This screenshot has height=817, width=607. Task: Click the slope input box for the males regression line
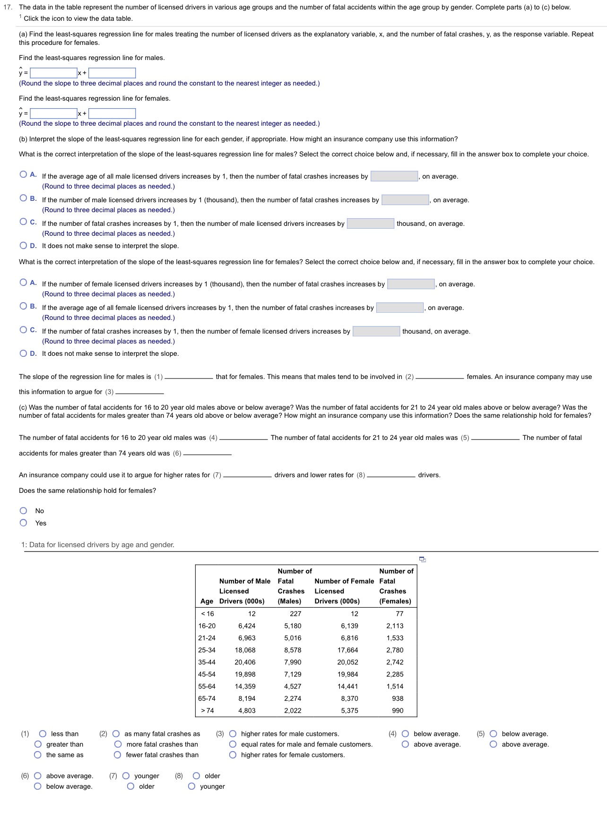(x=53, y=73)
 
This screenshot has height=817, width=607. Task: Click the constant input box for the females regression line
(x=112, y=113)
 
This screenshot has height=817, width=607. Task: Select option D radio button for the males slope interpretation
(x=24, y=246)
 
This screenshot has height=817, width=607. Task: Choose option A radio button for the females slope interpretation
(x=24, y=283)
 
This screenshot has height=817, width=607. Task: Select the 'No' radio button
(x=24, y=511)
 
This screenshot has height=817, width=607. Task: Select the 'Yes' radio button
(x=24, y=523)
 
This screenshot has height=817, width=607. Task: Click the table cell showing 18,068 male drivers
(x=245, y=650)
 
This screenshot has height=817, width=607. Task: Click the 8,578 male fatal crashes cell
(x=293, y=650)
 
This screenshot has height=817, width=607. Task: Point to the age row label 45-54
(x=207, y=674)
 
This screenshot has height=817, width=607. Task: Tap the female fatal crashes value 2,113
(x=395, y=626)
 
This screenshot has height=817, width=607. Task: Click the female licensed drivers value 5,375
(x=349, y=711)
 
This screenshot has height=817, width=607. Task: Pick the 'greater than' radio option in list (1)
(x=38, y=744)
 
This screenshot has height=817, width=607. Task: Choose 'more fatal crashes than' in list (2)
(x=118, y=744)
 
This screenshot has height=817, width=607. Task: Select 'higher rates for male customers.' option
(x=233, y=734)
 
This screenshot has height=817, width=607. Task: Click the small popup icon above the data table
(x=423, y=559)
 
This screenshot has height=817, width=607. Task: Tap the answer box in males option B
(x=405, y=200)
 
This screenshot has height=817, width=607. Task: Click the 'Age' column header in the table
(x=207, y=601)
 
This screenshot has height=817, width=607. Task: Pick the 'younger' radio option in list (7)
(x=126, y=776)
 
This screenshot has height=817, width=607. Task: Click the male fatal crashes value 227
(x=295, y=614)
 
